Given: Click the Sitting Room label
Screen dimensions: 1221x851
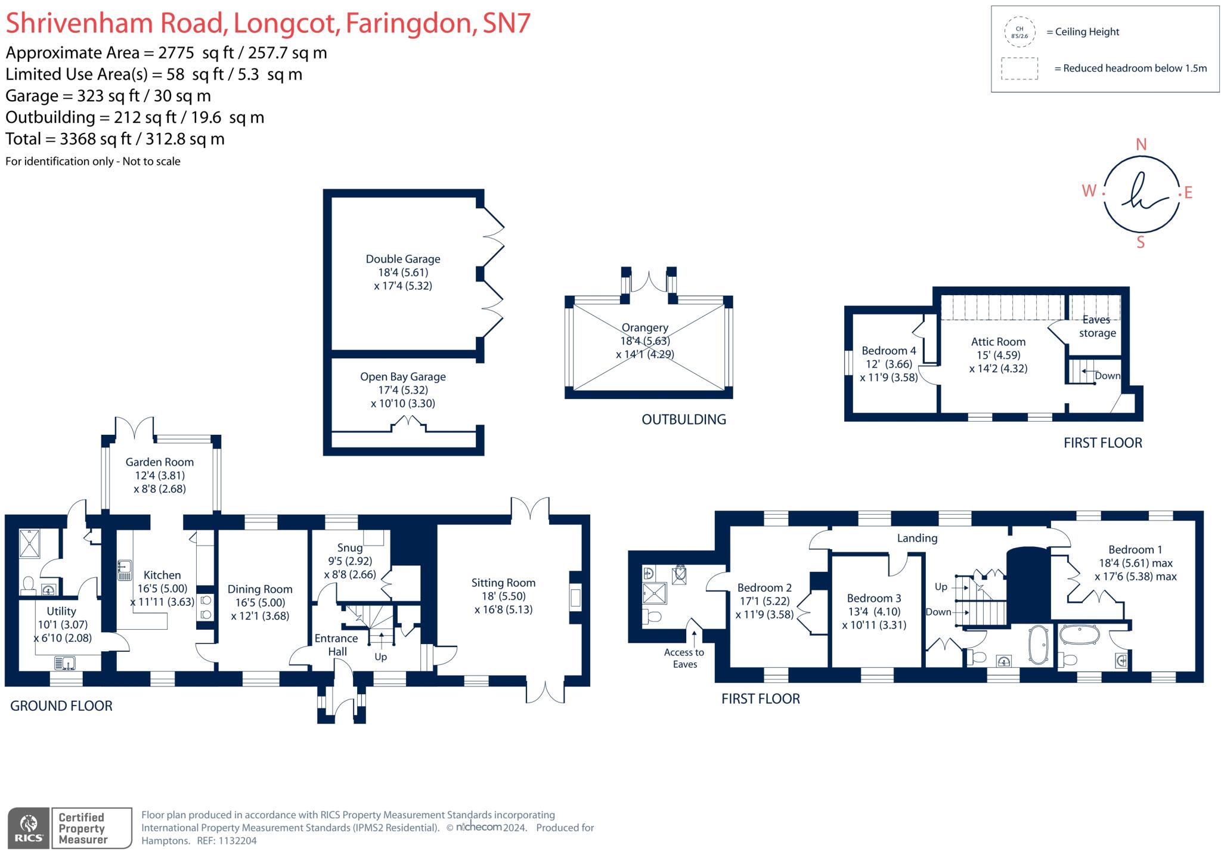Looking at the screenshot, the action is pos(503,583).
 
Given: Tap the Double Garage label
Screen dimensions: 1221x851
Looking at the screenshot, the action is pos(403,259).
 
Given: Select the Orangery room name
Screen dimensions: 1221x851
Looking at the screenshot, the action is pos(645,327).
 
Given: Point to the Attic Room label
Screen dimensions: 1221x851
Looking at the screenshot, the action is pos(998,342).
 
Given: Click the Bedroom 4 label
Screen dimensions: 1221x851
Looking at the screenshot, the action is pos(889,351).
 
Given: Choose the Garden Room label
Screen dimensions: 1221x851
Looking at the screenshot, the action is pos(159,462).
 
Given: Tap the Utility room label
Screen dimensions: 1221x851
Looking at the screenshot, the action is pos(61,611).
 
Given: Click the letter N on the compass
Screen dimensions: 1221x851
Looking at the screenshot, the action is pos(1141,144).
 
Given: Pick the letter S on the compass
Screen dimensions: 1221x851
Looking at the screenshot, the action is pos(1141,242).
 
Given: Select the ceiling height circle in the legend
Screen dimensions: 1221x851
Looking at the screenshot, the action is pos(1019,32).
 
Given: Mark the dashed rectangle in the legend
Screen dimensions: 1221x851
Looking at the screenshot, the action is pos(1019,69).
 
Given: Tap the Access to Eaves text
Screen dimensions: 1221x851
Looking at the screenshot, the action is pos(684,658).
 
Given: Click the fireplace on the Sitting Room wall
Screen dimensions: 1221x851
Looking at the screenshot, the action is pos(575,598).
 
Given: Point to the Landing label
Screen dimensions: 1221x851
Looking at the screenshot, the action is pos(917,538).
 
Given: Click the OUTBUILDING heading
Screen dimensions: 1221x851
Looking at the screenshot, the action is pos(684,419).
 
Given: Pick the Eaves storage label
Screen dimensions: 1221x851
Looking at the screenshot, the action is pos(1097,326).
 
